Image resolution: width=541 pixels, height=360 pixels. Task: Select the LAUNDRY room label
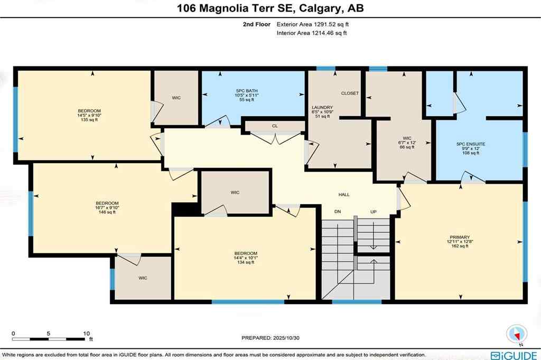322,107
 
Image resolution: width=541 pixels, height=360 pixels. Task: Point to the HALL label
344,195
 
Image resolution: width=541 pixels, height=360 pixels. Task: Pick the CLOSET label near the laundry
350,93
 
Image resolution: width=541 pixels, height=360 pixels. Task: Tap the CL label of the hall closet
275,126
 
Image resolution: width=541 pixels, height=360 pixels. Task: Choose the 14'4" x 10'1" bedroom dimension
247,258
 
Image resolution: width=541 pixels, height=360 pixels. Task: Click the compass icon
516,334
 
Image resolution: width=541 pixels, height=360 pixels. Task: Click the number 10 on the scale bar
86,334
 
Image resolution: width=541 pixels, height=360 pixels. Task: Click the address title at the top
270,8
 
